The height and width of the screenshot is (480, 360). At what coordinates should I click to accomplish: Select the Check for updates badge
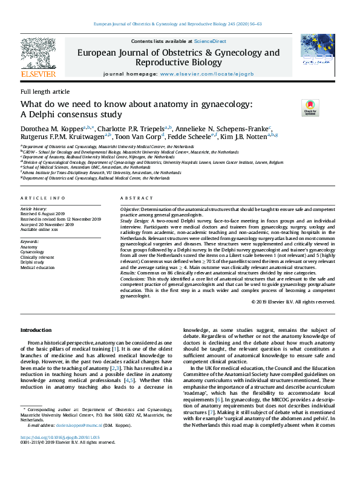coord(310,108)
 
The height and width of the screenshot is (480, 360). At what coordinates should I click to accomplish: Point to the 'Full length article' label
coord(45,91)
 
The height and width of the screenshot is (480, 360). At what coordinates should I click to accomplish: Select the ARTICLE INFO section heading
coord(43,198)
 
